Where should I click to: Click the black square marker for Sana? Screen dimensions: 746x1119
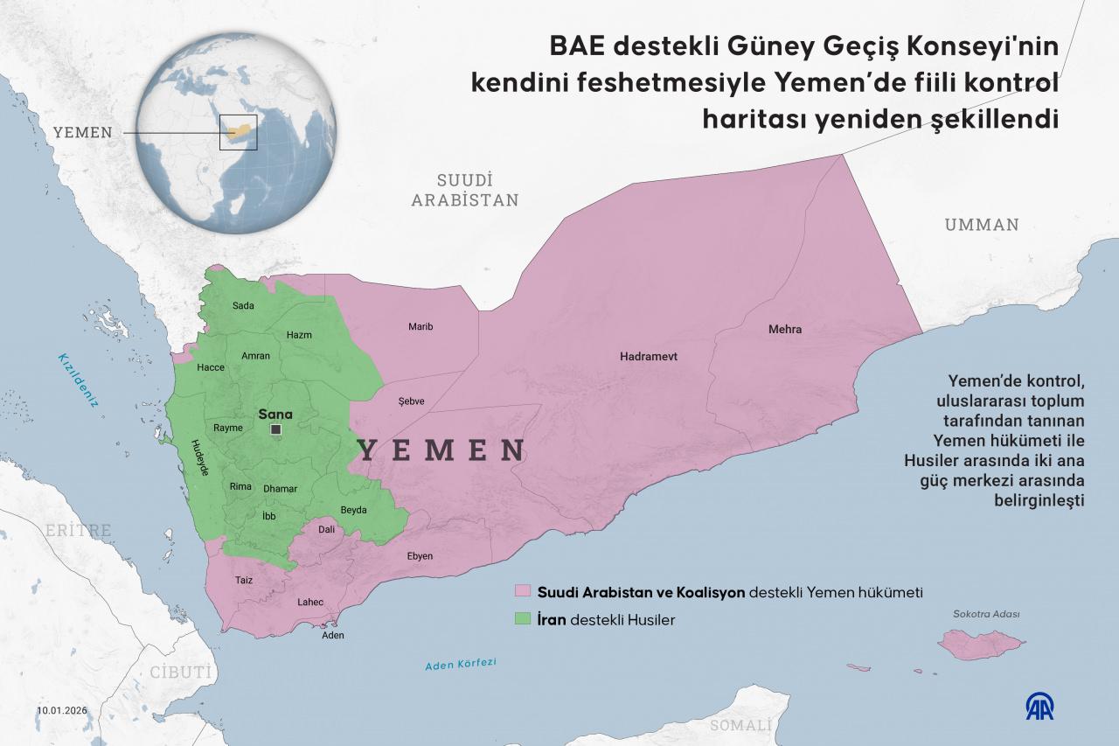pos(276,429)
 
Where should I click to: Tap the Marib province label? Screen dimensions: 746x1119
pos(420,326)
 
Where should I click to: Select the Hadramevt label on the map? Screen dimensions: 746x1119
pos(649,357)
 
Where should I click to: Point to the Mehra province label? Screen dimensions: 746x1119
pos(784,330)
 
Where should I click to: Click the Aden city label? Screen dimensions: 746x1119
pos(333,635)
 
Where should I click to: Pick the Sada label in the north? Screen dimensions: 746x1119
pos(243,305)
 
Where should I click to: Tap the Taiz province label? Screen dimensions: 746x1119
pos(243,580)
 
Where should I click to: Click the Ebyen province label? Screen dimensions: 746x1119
pos(420,556)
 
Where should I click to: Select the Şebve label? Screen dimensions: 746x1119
pos(411,401)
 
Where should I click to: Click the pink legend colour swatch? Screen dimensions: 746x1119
pos(524,592)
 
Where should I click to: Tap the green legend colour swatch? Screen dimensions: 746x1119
pos(524,619)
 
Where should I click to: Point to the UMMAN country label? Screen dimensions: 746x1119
pos(981,225)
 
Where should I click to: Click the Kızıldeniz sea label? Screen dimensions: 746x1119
pos(79,377)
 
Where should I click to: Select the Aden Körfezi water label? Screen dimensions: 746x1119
pos(460,665)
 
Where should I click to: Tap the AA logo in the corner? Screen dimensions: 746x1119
pos(1039,706)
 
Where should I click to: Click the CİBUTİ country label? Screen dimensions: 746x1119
pos(181,673)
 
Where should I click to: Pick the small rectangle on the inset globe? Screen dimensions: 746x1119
pos(238,132)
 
